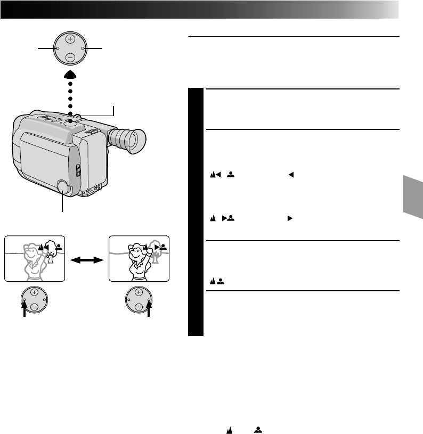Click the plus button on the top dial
[71, 39]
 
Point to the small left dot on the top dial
[58, 49]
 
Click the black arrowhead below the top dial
[71, 76]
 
